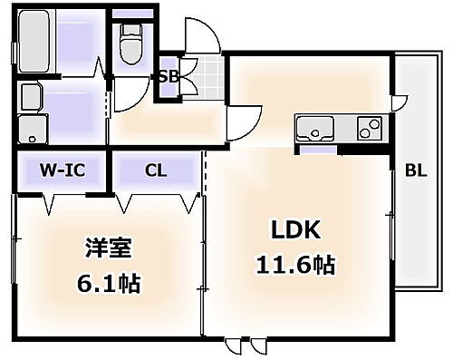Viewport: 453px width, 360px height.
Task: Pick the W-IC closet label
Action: coord(62,170)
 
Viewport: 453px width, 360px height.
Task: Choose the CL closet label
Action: coord(154,170)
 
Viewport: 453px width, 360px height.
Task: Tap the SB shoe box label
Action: coord(169,77)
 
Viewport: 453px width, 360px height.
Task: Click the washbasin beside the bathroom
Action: coord(30,99)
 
